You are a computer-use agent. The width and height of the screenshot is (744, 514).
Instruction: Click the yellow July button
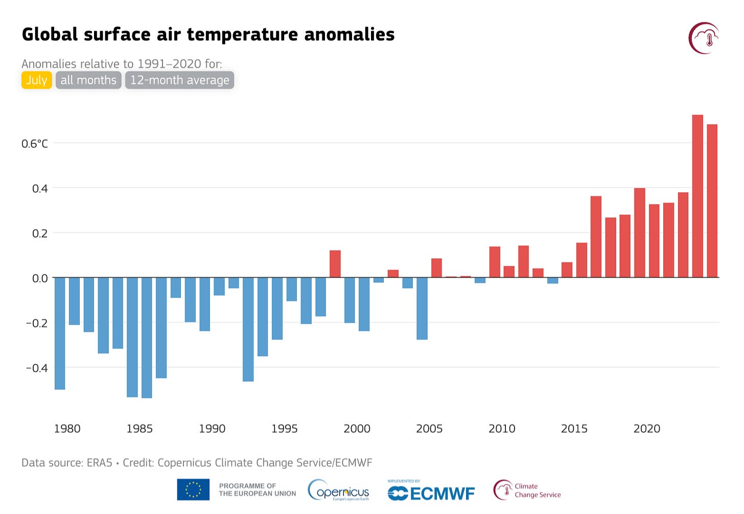click(x=36, y=80)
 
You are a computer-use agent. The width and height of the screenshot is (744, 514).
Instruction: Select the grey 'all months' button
click(x=88, y=80)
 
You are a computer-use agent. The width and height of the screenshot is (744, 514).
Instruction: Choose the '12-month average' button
click(x=179, y=80)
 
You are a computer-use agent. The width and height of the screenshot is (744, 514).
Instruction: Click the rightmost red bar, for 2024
click(x=712, y=201)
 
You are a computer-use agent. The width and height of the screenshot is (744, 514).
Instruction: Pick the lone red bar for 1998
click(x=335, y=264)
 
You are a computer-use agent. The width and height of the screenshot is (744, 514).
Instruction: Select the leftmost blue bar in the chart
click(x=60, y=333)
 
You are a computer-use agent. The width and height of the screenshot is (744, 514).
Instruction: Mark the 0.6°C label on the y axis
click(x=35, y=144)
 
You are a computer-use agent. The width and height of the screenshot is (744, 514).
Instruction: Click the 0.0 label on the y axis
click(x=40, y=278)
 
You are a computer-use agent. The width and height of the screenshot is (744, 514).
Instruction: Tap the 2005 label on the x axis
click(x=429, y=429)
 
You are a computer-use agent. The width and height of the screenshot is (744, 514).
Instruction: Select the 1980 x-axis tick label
click(x=67, y=429)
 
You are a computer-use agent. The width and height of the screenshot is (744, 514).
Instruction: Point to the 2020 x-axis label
click(x=646, y=429)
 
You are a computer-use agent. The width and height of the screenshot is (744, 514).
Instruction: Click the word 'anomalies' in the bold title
click(x=350, y=34)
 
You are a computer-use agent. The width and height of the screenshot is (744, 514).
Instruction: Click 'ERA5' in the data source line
click(x=100, y=463)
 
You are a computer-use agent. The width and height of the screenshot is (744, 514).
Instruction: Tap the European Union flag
click(x=193, y=489)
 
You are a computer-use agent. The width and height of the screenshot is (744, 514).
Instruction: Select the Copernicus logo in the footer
click(x=338, y=490)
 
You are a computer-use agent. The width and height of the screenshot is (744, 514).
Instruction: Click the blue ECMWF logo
click(x=431, y=493)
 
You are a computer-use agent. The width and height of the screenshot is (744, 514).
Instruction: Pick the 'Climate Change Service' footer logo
click(x=527, y=490)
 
